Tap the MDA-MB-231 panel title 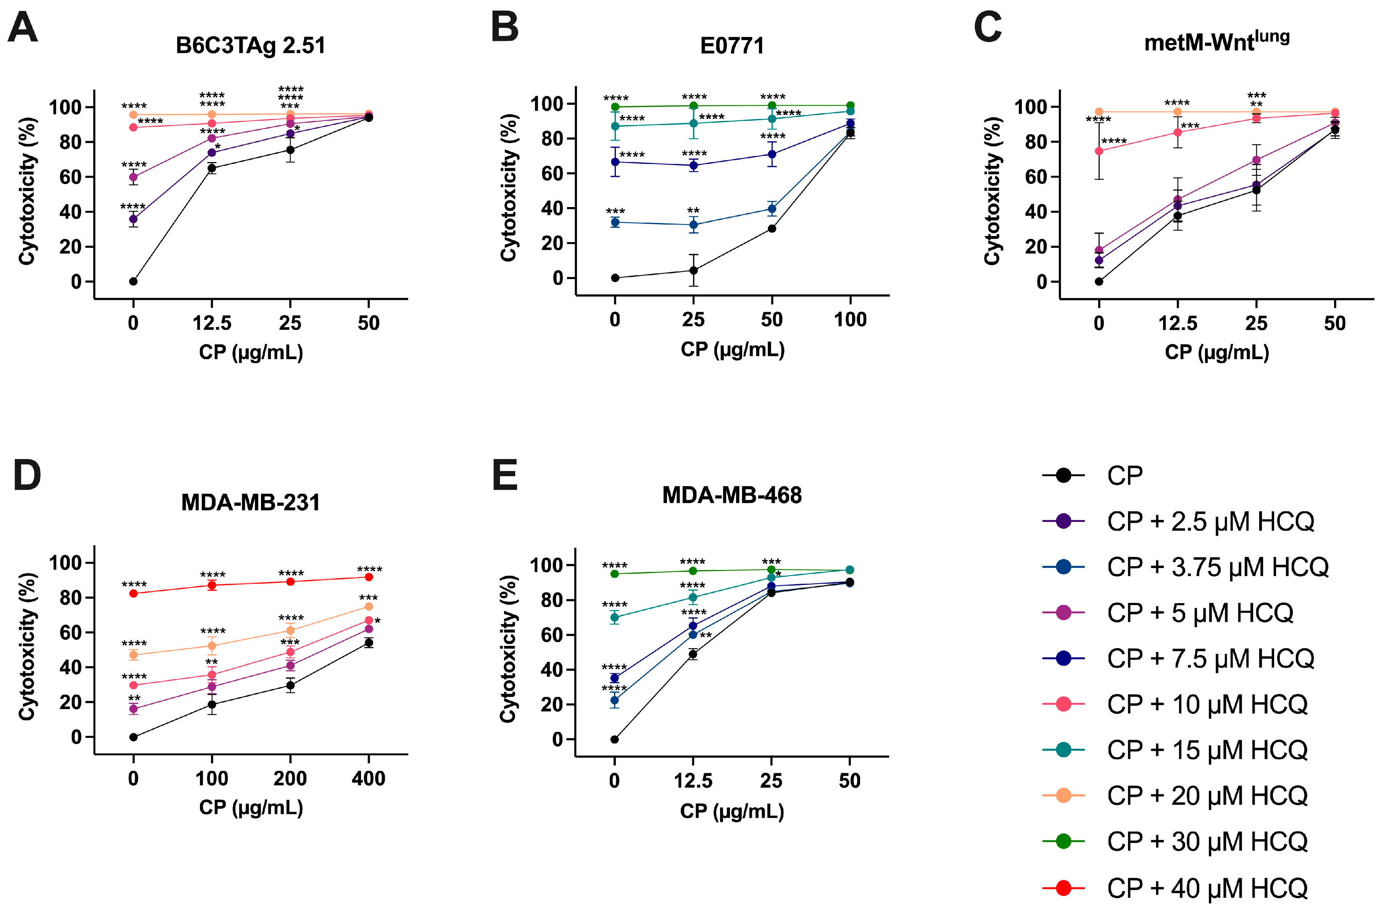250,503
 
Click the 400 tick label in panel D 368,778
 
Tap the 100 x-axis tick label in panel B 850,320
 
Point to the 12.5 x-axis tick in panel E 693,780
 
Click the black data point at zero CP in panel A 133,281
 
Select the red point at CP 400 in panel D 368,577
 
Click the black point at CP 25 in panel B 693,270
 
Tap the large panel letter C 987,27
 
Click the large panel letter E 504,476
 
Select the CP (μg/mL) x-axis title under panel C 1216,352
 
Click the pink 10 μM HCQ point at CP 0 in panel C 1099,151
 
